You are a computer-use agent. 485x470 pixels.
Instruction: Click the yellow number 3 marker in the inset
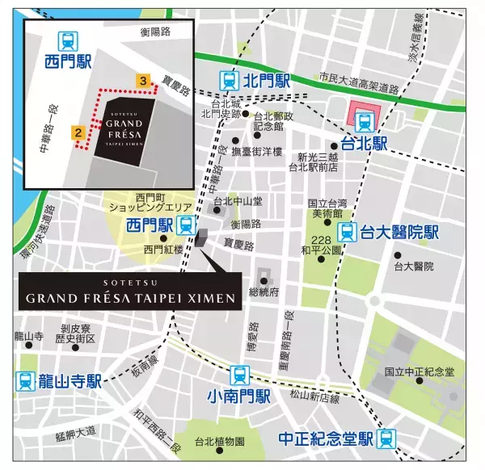tap(143, 81)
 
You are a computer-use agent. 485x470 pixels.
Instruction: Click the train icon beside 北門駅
tap(230, 81)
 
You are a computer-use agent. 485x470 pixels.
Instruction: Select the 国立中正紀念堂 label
tap(420, 371)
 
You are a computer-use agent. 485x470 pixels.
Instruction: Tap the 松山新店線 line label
tap(314, 397)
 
